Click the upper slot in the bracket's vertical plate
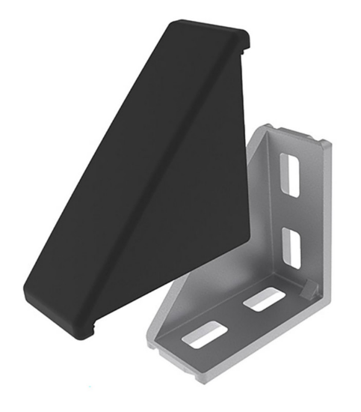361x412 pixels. pyautogui.click(x=290, y=174)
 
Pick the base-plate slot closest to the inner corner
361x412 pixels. pyautogui.click(x=264, y=300)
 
